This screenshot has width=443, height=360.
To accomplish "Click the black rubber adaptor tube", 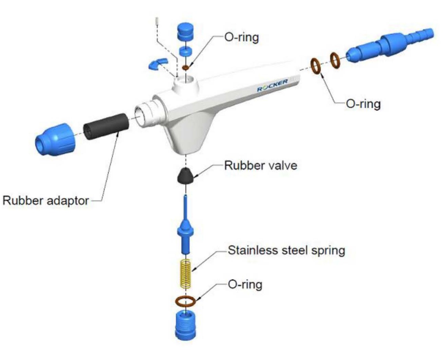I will click(106, 126).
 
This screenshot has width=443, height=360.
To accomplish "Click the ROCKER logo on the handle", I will click(272, 85).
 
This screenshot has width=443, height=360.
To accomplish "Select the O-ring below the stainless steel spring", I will click(185, 301).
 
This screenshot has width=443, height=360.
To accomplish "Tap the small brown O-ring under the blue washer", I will click(185, 68).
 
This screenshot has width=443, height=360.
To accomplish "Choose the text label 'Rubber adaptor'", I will click(46, 200).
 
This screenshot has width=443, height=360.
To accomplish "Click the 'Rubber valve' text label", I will click(260, 166).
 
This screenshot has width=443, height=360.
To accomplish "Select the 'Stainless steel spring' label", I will click(286, 250).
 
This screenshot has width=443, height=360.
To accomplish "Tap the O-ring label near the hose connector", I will click(363, 104).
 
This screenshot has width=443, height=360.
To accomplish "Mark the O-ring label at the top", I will click(241, 37).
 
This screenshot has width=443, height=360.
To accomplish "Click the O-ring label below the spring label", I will click(245, 284).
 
